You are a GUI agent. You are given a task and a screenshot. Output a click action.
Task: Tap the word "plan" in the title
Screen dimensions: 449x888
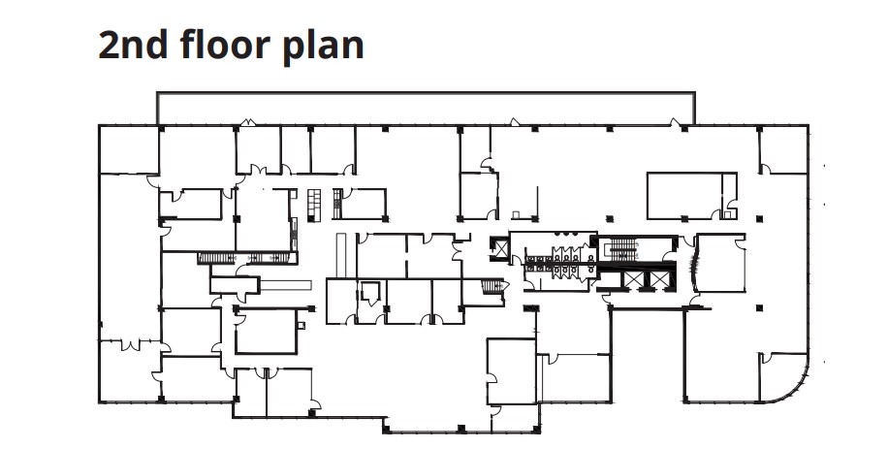click(324, 47)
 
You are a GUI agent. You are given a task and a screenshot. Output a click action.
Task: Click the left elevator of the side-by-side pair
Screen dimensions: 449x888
click(631, 278)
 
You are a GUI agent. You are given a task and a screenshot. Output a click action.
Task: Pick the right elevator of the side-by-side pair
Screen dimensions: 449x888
click(658, 278)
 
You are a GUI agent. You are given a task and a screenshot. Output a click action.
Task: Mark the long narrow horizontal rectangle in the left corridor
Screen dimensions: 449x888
click(286, 285)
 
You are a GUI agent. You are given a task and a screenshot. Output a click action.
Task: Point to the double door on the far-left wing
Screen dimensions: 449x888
click(125, 341)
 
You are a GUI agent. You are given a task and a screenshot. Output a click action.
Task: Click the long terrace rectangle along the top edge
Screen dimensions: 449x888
click(427, 107)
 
